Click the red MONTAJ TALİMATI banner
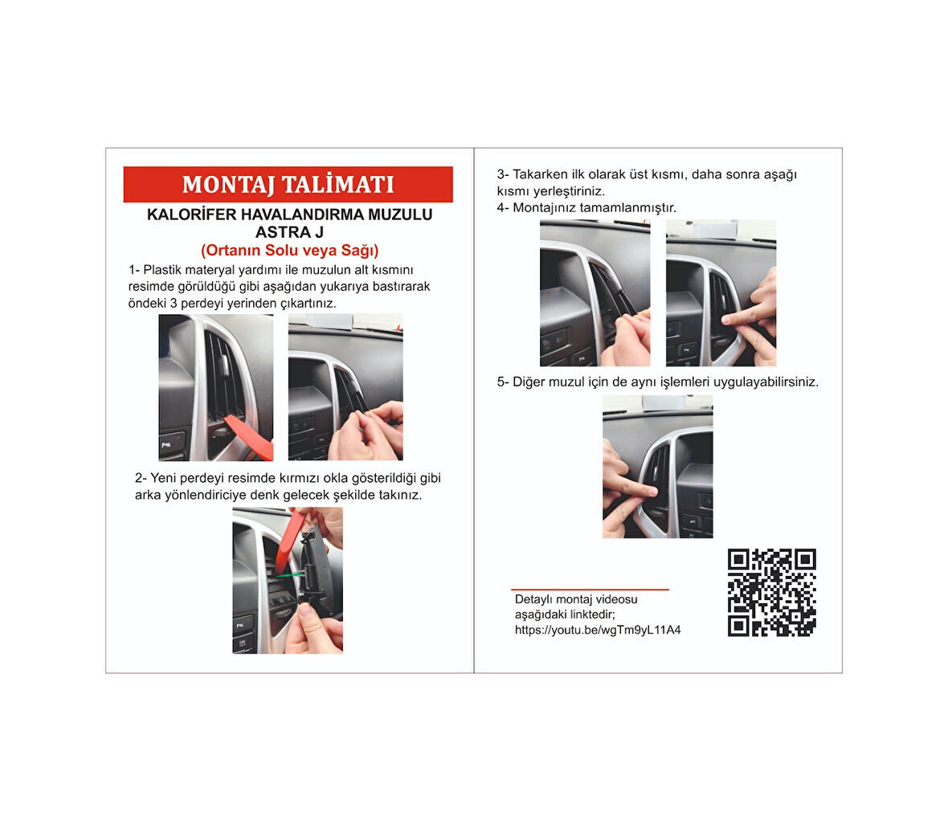tap(288, 185)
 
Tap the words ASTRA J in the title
tap(289, 232)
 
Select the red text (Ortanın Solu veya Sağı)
tap(289, 251)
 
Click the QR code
tap(771, 593)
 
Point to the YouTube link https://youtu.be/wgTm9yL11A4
tap(598, 630)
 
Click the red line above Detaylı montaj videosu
tap(590, 589)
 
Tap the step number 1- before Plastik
tap(133, 270)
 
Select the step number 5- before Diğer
tap(503, 382)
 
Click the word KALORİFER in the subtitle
tap(192, 214)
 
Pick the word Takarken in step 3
tap(540, 174)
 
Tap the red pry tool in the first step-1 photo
tap(249, 436)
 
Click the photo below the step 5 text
tap(658, 467)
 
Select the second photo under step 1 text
tap(345, 387)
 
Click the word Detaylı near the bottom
tap(533, 600)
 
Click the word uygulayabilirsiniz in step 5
tap(766, 382)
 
